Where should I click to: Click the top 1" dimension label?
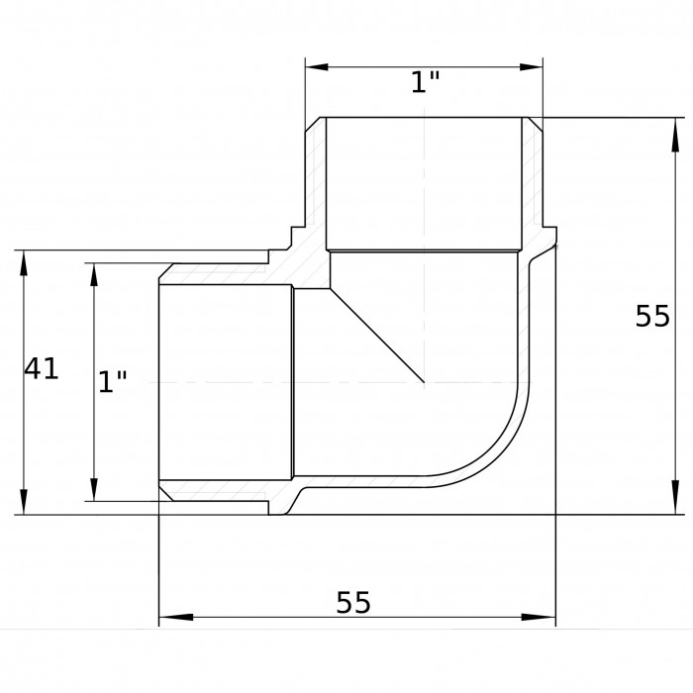pyautogui.click(x=425, y=82)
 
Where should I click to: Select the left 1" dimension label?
pyautogui.click(x=112, y=382)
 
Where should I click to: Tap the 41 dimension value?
pyautogui.click(x=42, y=368)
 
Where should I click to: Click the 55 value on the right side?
pyautogui.click(x=652, y=316)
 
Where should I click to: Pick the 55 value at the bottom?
pyautogui.click(x=353, y=602)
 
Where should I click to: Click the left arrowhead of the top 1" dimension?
pyautogui.click(x=317, y=67)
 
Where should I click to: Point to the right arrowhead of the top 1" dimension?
pyautogui.click(x=532, y=67)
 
